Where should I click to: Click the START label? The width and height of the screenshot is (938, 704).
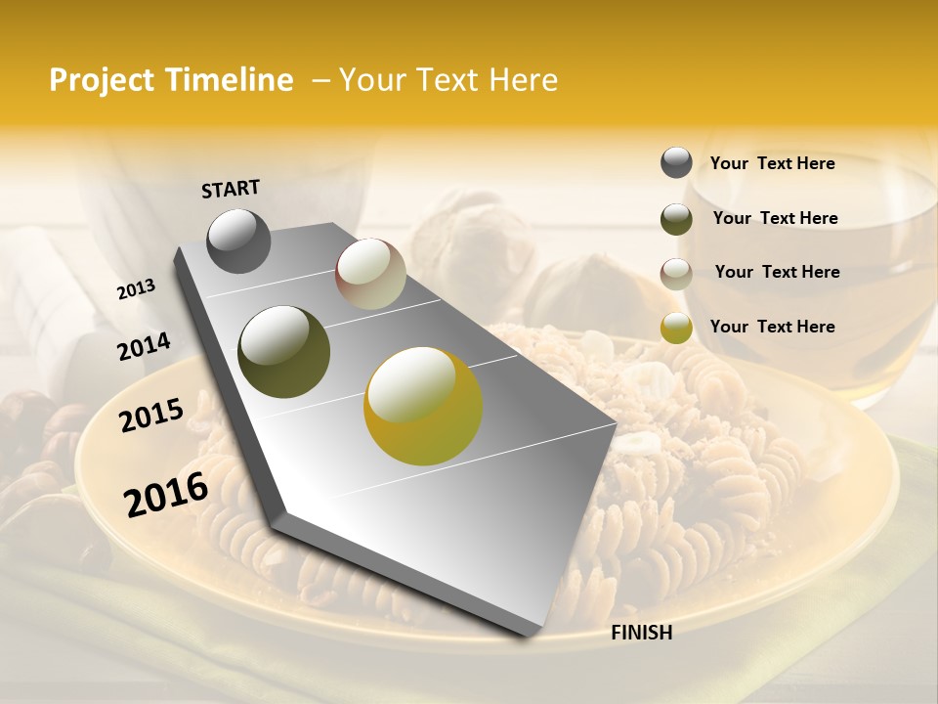pyautogui.click(x=231, y=189)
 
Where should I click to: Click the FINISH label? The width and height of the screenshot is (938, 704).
pyautogui.click(x=641, y=633)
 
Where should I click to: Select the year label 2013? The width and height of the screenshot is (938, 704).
pyautogui.click(x=136, y=289)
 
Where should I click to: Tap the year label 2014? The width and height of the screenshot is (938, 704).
pyautogui.click(x=144, y=347)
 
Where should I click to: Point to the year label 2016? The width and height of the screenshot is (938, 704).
pyautogui.click(x=166, y=494)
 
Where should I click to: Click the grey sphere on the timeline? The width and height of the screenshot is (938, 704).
pyautogui.click(x=238, y=241)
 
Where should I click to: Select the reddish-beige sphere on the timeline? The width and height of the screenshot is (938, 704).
pyautogui.click(x=370, y=274)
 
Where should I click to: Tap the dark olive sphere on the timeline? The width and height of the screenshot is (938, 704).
pyautogui.click(x=283, y=352)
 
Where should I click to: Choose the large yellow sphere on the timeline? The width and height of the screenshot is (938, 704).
pyautogui.click(x=422, y=406)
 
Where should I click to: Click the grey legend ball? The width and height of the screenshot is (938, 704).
pyautogui.click(x=676, y=163)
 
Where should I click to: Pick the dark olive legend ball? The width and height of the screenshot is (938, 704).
pyautogui.click(x=676, y=219)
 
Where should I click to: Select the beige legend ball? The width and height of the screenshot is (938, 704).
pyautogui.click(x=676, y=274)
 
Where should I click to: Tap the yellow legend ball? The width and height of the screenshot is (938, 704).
pyautogui.click(x=676, y=328)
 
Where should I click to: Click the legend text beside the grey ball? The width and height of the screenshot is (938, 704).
pyautogui.click(x=772, y=163)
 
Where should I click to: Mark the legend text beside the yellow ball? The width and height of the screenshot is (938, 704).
pyautogui.click(x=772, y=327)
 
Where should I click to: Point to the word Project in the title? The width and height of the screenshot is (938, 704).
pyautogui.click(x=101, y=80)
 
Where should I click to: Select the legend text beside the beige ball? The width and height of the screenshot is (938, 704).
pyautogui.click(x=777, y=272)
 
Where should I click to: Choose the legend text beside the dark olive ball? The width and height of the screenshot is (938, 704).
pyautogui.click(x=775, y=218)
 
